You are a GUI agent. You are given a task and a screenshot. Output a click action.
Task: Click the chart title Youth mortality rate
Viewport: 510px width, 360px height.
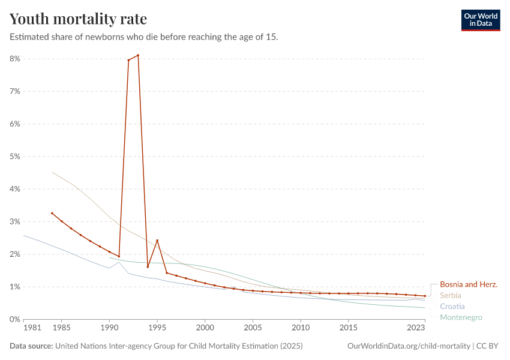click(x=78, y=19)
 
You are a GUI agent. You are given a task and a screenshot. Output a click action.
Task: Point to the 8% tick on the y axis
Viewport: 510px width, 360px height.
click(x=15, y=59)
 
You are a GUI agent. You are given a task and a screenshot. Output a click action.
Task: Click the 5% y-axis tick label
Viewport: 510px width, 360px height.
click(x=15, y=157)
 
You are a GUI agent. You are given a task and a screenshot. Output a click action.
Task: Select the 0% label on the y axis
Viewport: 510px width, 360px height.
click(x=15, y=319)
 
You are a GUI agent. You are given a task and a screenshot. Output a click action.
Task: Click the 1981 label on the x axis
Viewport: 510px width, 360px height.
click(x=32, y=328)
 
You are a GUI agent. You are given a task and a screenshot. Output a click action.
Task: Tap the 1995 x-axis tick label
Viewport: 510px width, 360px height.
click(x=157, y=328)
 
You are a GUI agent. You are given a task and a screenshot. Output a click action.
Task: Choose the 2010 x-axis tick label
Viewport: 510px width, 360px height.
click(x=301, y=328)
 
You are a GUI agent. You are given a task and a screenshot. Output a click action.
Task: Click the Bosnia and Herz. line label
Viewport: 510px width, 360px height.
click(x=469, y=284)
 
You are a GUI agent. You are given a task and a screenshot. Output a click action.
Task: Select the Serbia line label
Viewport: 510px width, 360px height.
click(x=451, y=295)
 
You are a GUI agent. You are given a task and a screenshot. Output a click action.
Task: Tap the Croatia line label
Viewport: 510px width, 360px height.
click(x=452, y=306)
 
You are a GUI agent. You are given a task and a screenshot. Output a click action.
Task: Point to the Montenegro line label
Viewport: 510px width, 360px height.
click(x=461, y=317)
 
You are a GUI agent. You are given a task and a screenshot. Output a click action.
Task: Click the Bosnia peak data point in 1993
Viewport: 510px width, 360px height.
click(x=138, y=55)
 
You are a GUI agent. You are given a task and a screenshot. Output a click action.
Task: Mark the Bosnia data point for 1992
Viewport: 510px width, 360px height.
click(x=128, y=60)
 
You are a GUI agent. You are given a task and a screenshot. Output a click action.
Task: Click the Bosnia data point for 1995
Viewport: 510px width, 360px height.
click(x=157, y=241)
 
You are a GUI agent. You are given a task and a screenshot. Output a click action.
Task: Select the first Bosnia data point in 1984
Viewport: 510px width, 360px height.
click(x=52, y=213)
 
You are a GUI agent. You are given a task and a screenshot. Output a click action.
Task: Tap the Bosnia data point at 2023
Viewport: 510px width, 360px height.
click(x=425, y=296)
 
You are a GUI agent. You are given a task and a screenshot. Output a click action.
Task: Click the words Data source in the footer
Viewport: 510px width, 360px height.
click(x=31, y=346)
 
